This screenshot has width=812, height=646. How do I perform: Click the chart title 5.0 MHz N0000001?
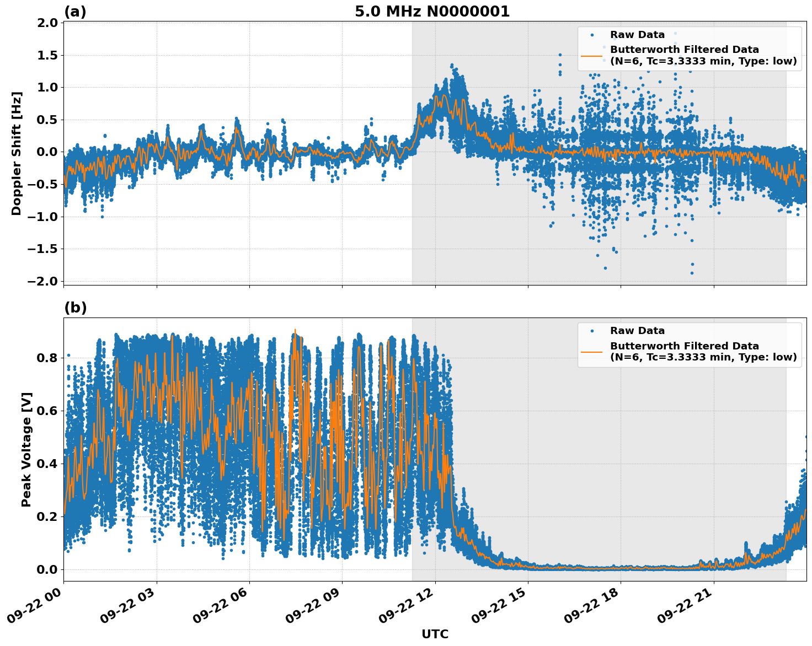[432, 12]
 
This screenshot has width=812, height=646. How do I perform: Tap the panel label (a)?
[75, 12]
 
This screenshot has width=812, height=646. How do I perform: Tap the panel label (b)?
[75, 308]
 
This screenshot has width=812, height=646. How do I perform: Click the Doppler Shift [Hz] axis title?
[17, 153]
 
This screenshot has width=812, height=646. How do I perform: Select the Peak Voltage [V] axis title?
[26, 449]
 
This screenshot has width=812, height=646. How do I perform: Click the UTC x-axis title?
[435, 634]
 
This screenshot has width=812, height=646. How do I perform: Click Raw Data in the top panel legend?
[637, 35]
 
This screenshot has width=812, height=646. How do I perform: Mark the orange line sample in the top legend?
[592, 56]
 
